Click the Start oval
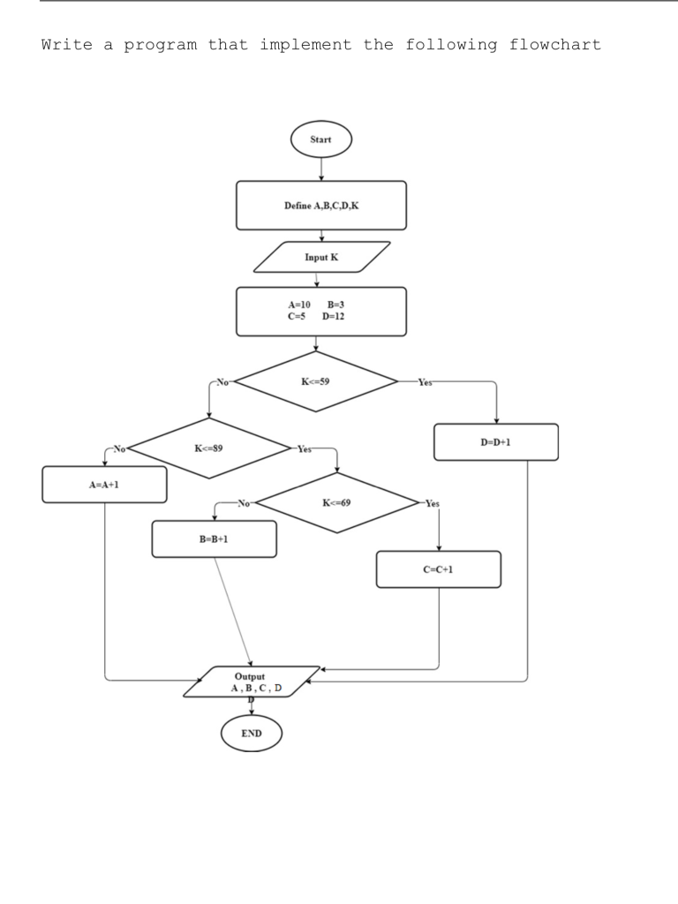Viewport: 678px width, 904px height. click(321, 139)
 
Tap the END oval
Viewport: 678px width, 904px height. click(252, 733)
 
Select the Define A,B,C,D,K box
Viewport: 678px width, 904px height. click(321, 205)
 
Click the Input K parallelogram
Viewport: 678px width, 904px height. click(321, 257)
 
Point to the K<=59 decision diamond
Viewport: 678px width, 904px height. click(315, 382)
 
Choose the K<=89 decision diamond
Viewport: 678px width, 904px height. click(208, 448)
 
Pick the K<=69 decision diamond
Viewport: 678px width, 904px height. click(337, 502)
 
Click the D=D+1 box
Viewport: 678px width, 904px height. click(495, 442)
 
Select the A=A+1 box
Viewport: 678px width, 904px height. click(104, 485)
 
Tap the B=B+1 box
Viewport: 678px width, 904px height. click(214, 539)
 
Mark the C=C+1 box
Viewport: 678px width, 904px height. click(438, 569)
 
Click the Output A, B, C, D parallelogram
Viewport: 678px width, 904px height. click(252, 682)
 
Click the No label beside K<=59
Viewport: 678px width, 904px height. click(222, 383)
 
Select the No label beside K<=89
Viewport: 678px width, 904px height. click(117, 448)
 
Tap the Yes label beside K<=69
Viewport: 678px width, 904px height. click(432, 503)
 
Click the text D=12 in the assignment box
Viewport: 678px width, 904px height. click(334, 315)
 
